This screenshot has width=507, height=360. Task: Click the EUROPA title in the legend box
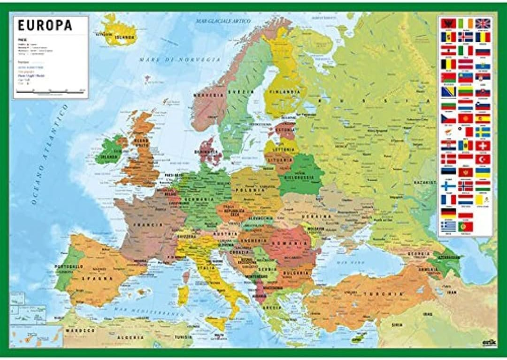point(45,25)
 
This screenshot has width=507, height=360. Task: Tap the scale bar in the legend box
point(50,92)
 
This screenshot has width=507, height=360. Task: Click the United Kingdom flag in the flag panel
point(483,23)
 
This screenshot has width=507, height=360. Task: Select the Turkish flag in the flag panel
point(483,159)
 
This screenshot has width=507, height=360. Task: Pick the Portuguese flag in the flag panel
point(466,226)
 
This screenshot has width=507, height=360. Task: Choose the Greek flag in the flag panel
point(448,226)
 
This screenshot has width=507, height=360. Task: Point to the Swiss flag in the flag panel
point(483,145)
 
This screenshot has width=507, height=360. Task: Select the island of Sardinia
point(183,295)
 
